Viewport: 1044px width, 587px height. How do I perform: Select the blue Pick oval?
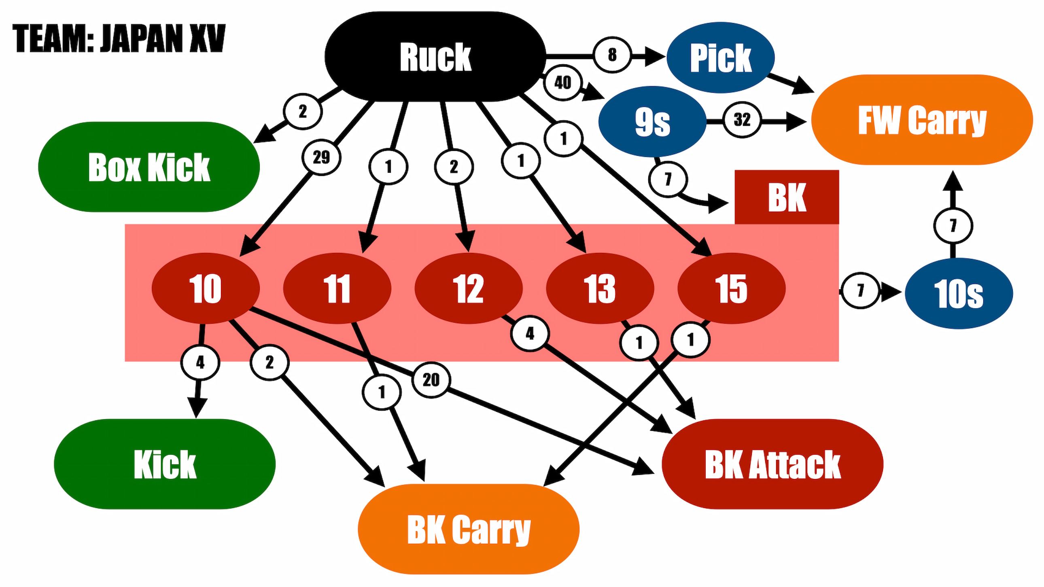coord(720,57)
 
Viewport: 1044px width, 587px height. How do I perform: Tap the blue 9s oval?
coord(652,121)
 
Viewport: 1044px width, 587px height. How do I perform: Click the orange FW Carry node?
coord(922,119)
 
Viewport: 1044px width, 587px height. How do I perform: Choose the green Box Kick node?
coord(149,167)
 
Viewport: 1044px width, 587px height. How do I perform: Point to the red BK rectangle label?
coord(787,197)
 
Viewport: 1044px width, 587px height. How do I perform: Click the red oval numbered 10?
coord(206,288)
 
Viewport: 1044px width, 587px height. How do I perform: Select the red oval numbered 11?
coord(337,288)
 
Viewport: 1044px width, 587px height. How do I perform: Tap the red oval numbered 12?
coord(468,288)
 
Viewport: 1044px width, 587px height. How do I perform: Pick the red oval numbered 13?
coord(600,288)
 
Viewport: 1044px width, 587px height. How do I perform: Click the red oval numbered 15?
coord(731,288)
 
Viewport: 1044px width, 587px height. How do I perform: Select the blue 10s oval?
coord(959,293)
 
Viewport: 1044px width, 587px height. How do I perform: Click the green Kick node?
coord(165,464)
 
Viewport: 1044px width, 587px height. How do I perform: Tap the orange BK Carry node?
coord(468,529)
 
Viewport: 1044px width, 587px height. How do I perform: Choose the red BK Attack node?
coord(772,464)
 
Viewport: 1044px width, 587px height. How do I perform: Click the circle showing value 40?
coord(562,83)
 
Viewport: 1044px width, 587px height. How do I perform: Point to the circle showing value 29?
coord(321,157)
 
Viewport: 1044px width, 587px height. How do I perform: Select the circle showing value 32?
coord(742,119)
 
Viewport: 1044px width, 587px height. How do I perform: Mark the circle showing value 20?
coord(431,379)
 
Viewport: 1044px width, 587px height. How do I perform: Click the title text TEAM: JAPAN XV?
coord(119,38)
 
